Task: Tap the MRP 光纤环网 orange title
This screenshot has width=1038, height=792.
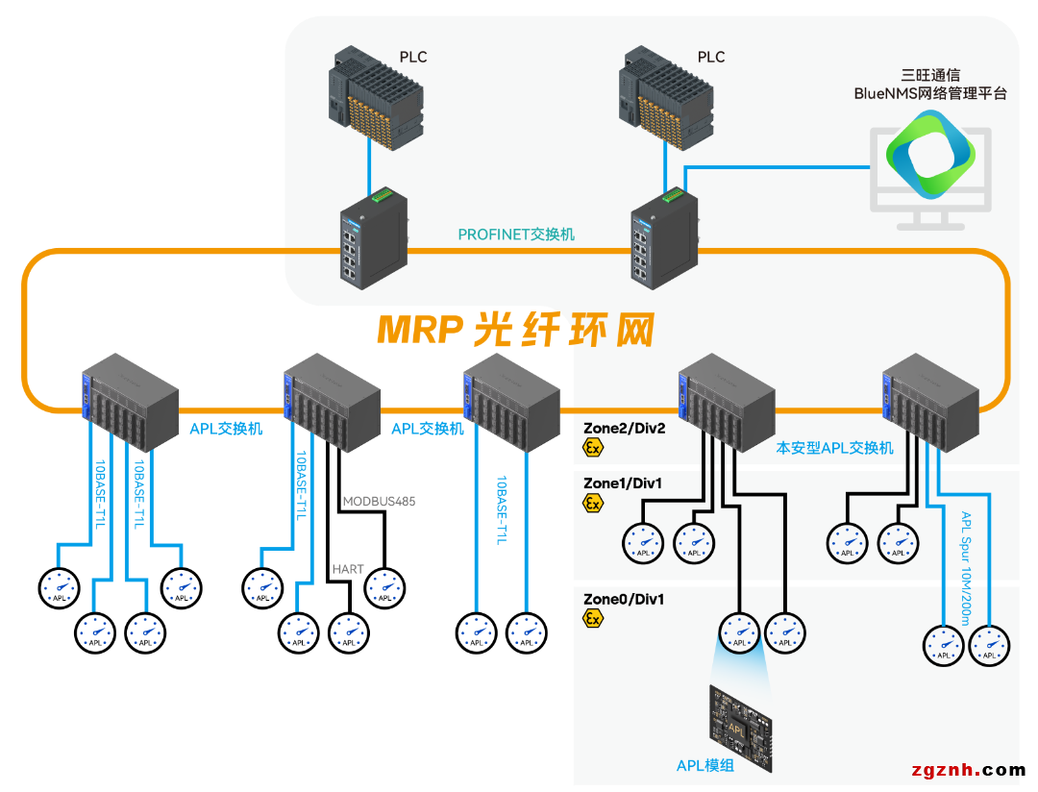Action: [x=515, y=330]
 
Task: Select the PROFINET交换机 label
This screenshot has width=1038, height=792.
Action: [x=516, y=234]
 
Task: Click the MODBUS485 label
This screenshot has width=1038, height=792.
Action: [x=379, y=501]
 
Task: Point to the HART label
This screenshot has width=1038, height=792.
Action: [x=348, y=569]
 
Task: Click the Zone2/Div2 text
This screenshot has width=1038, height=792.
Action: [x=624, y=427]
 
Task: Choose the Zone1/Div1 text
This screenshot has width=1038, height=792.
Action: [x=623, y=483]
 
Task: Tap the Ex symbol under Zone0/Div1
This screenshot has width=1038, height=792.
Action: [x=594, y=619]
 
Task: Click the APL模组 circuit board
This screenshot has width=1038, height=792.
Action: [x=741, y=727]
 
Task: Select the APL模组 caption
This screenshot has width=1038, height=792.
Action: [x=704, y=765]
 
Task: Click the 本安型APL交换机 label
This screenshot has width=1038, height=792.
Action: [x=834, y=448]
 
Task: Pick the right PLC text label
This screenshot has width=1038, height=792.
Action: [x=711, y=57]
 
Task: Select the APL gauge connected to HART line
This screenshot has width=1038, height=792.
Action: [x=348, y=632]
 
